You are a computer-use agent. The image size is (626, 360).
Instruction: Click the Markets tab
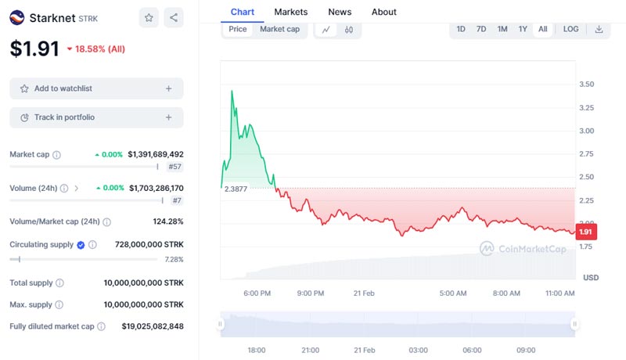pos(290,12)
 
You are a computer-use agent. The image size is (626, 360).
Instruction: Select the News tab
pos(340,12)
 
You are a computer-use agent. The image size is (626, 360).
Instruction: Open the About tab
pos(383,12)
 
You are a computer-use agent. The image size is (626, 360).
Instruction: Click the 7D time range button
pos(481,29)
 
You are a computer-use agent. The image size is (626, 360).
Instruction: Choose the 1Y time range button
pos(523,29)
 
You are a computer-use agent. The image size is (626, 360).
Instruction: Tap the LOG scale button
pos(571,29)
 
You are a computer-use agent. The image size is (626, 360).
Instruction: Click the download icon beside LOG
pos(599,29)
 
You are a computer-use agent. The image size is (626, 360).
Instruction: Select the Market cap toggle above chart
pos(279,29)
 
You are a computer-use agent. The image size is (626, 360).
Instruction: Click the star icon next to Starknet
pos(148,17)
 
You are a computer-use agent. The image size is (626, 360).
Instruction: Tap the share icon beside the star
pos(174,17)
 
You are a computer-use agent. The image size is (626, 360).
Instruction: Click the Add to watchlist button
pos(96,88)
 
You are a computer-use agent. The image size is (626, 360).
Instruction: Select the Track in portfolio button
pos(96,117)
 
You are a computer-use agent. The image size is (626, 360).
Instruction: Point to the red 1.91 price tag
pos(586,232)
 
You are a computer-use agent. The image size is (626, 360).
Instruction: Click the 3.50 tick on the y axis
pos(585,85)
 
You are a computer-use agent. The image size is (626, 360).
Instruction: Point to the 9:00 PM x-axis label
pos(311,293)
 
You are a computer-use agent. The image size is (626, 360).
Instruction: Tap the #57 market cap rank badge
pos(174,167)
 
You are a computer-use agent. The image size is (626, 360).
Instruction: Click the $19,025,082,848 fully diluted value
pos(153,326)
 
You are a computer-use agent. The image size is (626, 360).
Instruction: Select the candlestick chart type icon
pos(349,30)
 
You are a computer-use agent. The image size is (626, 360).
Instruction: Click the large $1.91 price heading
pos(34,49)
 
